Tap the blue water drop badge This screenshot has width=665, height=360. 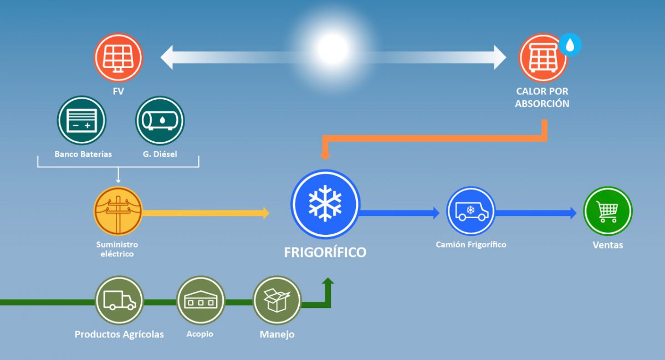tap(570, 45)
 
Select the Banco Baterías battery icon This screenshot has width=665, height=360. tap(81, 120)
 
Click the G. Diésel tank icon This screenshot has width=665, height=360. tap(160, 120)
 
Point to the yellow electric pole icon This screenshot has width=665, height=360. tap(118, 212)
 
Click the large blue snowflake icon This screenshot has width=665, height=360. tap(325, 203)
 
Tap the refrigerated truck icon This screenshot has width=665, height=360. tap(470, 211)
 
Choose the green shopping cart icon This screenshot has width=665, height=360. tap(607, 211)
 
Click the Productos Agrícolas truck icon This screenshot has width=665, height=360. tap(119, 300)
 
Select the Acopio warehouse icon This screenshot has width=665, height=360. tap(200, 300)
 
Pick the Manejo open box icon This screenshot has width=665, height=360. tap(277, 300)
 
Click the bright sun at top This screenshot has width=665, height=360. tap(332, 49)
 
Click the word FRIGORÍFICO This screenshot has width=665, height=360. tap(325, 253)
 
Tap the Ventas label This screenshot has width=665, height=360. tap(607, 245)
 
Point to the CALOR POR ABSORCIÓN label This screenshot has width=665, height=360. tap(542, 97)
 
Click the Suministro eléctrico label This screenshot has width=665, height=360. tap(117, 249)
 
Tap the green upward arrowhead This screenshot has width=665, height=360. tap(328, 282)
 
